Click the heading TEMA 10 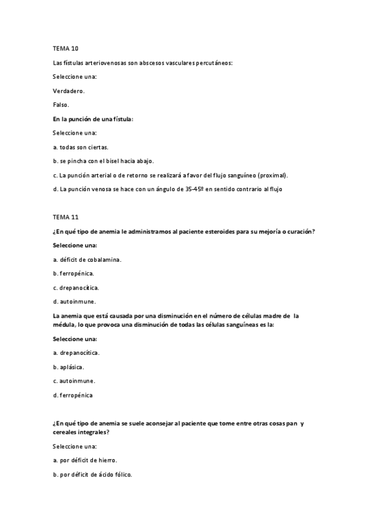pos(66,48)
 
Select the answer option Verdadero pos(69,91)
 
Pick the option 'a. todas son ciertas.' pos(81,147)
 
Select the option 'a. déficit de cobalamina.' pos(87,259)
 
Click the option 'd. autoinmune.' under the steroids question pos(76,301)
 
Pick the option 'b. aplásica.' pos(69,367)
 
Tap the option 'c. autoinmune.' pos(74,381)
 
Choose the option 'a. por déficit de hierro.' pos(85,461)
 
